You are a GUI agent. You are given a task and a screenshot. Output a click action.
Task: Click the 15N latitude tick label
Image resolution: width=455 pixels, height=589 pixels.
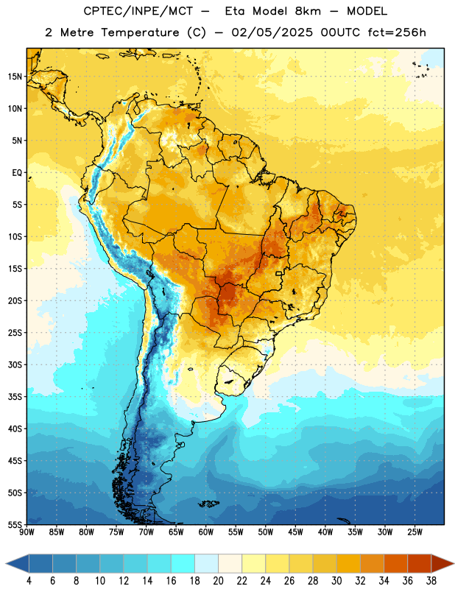point(15,77)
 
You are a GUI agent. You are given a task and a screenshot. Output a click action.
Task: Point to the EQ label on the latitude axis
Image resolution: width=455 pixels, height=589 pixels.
point(17,173)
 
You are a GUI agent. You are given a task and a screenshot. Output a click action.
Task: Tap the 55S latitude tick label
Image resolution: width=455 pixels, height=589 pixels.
point(15,525)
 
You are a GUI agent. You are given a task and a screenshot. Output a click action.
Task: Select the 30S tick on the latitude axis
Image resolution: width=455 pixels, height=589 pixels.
point(15,364)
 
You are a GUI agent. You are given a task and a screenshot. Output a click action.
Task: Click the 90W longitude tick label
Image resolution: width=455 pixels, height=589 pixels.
point(27,532)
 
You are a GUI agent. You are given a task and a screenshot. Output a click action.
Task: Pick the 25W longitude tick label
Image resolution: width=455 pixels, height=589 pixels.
point(415,532)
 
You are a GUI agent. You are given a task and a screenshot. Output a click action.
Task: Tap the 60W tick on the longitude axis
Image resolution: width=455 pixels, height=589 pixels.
point(206,532)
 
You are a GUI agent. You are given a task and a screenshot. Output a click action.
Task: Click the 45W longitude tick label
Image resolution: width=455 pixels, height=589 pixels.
point(295,532)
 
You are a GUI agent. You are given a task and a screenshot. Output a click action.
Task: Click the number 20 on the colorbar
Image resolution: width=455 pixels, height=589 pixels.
point(218,581)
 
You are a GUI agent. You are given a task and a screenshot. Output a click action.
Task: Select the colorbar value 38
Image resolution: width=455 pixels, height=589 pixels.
point(431,581)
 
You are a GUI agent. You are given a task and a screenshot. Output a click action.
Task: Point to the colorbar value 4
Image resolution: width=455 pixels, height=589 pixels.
point(29,581)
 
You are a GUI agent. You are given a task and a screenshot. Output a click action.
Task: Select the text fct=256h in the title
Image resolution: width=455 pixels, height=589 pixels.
point(397,32)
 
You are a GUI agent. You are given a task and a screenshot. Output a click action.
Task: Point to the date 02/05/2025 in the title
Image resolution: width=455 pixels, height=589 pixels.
point(272,32)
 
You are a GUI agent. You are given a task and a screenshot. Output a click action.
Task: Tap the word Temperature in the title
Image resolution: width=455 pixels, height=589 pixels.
point(140,32)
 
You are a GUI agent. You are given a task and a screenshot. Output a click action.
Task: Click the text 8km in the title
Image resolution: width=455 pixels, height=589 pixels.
point(308,11)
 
